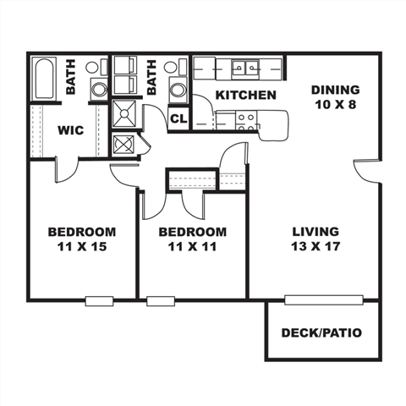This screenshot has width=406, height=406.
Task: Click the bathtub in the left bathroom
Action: click(47, 78)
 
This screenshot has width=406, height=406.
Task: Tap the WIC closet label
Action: click(69, 129)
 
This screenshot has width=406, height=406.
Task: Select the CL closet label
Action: click(178, 118)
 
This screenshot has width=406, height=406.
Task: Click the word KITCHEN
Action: click(245, 95)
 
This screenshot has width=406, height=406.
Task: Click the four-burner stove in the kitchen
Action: click(246, 120)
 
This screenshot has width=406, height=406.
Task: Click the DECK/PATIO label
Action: click(321, 332)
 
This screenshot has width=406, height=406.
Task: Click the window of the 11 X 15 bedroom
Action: click(99, 299)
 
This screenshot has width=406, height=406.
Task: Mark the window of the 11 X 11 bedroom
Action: click(159, 299)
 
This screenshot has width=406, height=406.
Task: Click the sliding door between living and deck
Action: click(324, 299)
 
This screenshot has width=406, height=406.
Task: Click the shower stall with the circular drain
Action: click(123, 113)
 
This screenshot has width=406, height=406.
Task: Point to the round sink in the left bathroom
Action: click(98, 88)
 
